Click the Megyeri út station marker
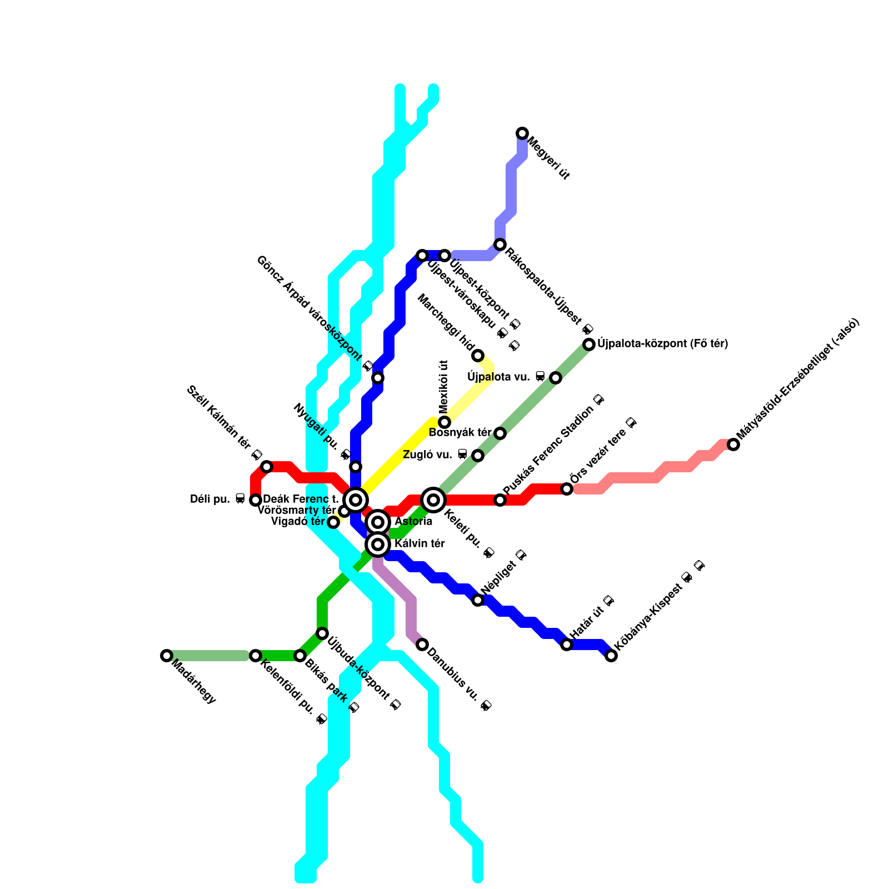coord(522,133)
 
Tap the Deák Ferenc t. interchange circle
coord(356,500)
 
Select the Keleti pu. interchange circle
coord(433,500)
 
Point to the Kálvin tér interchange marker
coord(378,544)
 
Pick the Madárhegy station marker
coord(166,656)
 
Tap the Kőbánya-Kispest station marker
coord(611,656)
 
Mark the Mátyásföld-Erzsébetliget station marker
coord(733,444)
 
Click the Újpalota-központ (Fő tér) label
coord(662,344)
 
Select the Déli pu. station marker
coord(256,500)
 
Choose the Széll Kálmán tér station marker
coord(267,467)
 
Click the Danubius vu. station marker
coord(422,645)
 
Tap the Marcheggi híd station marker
coord(478,356)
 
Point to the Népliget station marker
coord(478,600)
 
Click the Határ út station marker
coord(567,645)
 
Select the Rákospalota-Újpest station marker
coord(500,244)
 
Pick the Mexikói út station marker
coord(444,422)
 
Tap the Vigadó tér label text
coord(298,522)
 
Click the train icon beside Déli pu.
coord(240,498)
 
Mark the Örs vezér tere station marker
coord(567,489)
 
